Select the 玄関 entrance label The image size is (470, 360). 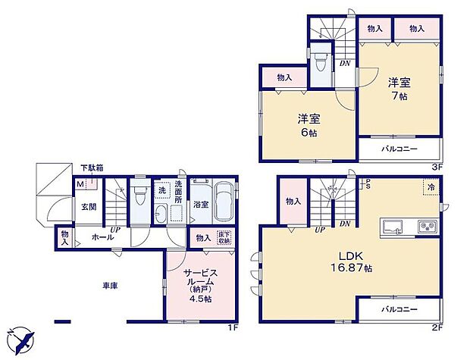coord(88,207)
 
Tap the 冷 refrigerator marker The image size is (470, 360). coord(429,186)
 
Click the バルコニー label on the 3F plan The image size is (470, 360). coord(399,149)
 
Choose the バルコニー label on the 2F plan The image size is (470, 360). coord(399,310)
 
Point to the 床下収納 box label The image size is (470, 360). coord(225,236)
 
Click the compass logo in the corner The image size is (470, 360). coord(22,339)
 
